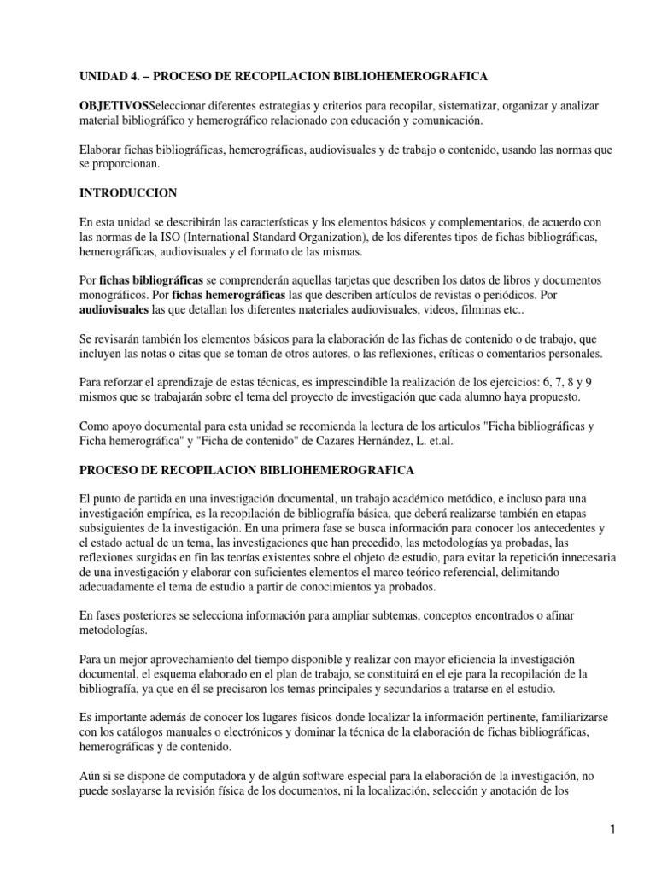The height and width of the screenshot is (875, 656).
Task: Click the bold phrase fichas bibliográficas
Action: point(151,279)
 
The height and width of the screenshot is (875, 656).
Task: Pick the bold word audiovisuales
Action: point(114,308)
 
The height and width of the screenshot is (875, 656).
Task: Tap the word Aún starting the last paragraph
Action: point(91,773)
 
